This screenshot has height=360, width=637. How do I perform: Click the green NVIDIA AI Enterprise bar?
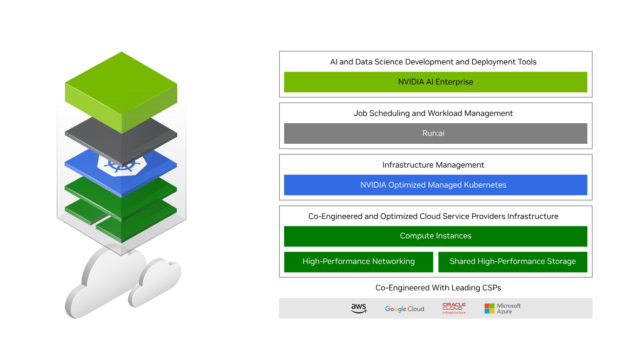click(435, 82)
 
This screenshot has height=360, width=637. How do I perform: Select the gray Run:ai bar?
click(435, 134)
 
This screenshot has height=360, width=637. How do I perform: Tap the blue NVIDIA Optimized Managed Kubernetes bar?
click(435, 185)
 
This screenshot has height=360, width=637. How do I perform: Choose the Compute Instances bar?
click(435, 236)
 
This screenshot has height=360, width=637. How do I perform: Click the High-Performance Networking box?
click(359, 262)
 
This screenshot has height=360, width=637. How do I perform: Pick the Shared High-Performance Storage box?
click(512, 262)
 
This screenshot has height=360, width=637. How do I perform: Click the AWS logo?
click(358, 308)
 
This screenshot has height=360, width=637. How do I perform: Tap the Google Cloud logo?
click(404, 309)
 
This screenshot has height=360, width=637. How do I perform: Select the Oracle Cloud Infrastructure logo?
click(454, 308)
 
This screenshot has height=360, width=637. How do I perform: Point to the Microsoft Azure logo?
click(502, 308)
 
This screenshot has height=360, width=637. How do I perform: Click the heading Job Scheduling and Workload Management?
click(433, 114)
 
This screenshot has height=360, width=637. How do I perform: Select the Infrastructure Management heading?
click(433, 165)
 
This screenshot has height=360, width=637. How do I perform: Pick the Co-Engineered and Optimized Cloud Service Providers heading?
click(433, 216)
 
